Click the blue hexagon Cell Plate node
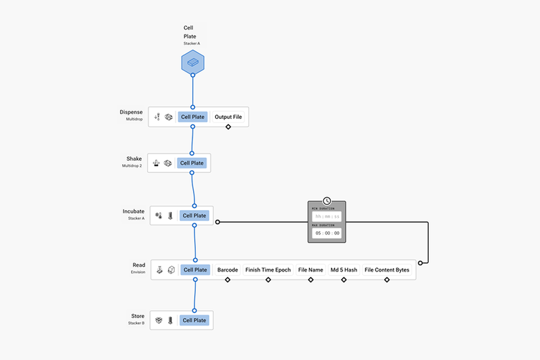pyautogui.click(x=192, y=63)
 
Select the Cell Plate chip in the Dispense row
pyautogui.click(x=192, y=117)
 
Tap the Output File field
pyautogui.click(x=228, y=117)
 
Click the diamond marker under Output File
pyautogui.click(x=228, y=127)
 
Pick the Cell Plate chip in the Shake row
pyautogui.click(x=192, y=163)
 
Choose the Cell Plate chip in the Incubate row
pyautogui.click(x=195, y=216)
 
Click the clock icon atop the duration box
pyautogui.click(x=327, y=201)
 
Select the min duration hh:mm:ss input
pyautogui.click(x=327, y=217)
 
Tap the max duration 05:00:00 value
pyautogui.click(x=327, y=233)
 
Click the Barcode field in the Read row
pyautogui.click(x=227, y=270)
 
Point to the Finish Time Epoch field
pyautogui.click(x=268, y=270)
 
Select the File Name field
pyautogui.click(x=311, y=270)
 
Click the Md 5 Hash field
pyautogui.click(x=344, y=270)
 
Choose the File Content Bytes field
pyautogui.click(x=387, y=270)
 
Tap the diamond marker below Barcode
pyautogui.click(x=227, y=280)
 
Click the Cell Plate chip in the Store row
pyautogui.click(x=195, y=320)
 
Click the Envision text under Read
pyautogui.click(x=138, y=272)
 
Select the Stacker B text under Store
pyautogui.click(x=136, y=323)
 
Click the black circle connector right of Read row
pyautogui.click(x=421, y=262)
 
